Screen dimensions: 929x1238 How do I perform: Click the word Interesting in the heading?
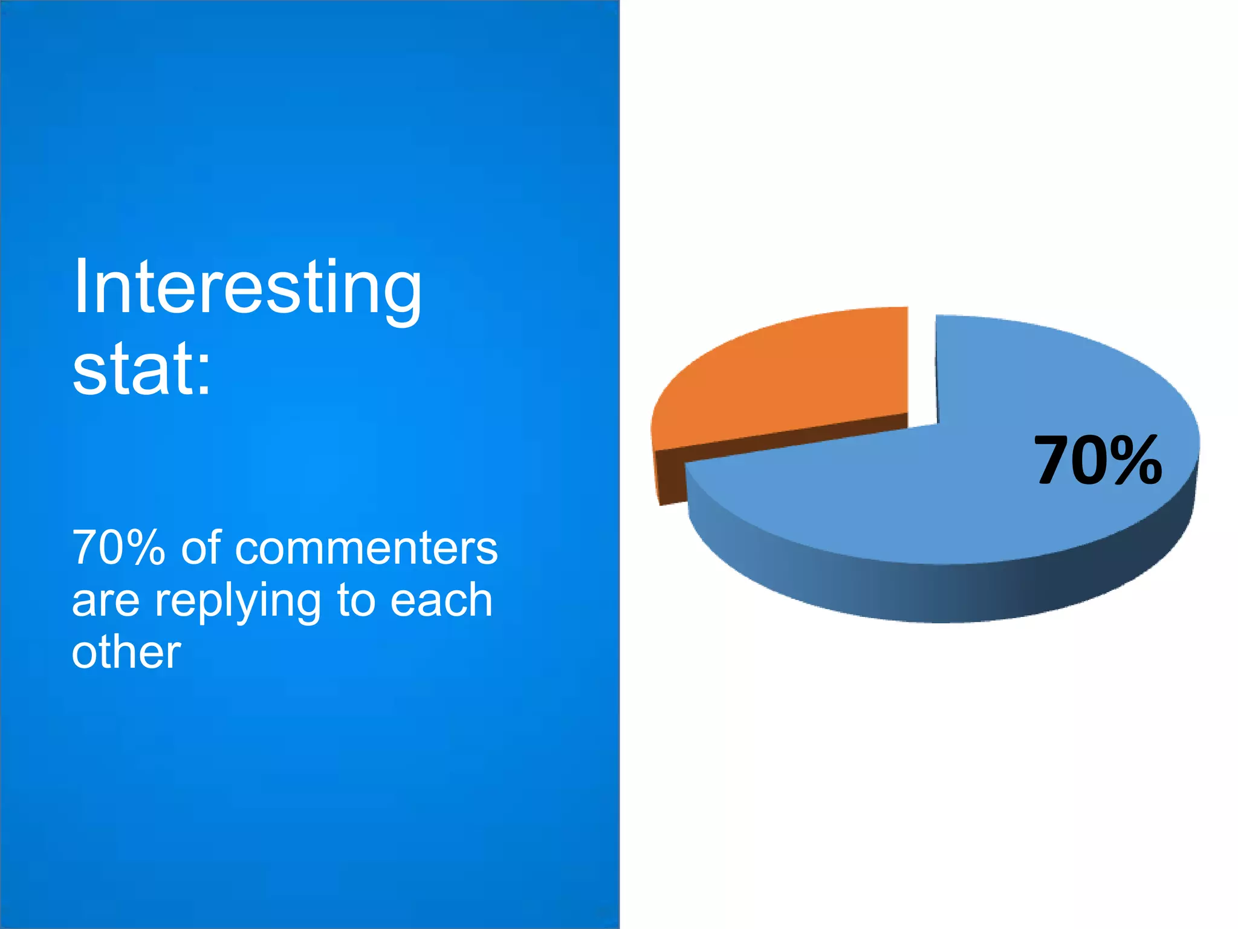(x=247, y=289)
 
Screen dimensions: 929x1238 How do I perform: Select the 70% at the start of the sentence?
(x=118, y=548)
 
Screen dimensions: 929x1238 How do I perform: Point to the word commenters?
(x=366, y=548)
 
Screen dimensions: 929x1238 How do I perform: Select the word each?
(x=441, y=601)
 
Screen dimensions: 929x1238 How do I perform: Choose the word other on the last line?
(x=126, y=653)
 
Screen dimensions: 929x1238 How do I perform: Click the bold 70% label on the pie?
(x=1098, y=461)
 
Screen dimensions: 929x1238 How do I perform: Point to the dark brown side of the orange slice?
(x=671, y=478)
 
